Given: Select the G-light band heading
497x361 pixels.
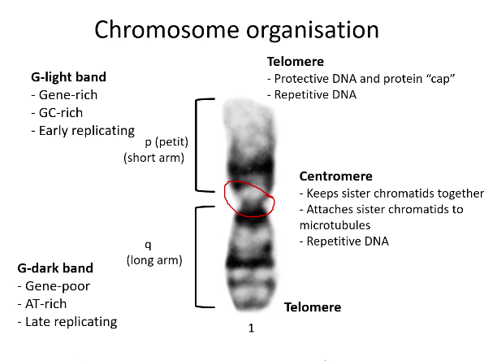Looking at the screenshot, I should (70, 77).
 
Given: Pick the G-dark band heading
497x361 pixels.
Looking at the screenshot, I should (54, 267).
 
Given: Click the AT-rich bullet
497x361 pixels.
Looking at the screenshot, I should (48, 303).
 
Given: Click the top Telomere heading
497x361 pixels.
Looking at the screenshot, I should (296, 61).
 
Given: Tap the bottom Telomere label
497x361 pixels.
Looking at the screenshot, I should (312, 307).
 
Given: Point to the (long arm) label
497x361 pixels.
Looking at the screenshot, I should (154, 260).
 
